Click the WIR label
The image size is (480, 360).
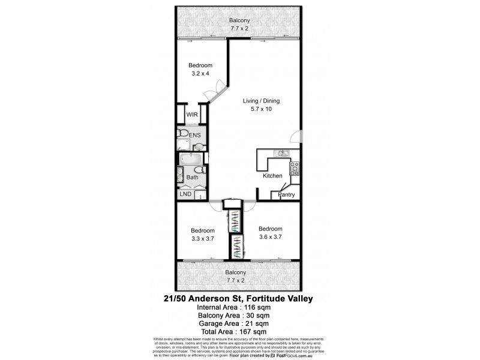tap(192, 114)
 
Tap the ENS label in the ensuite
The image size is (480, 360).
tap(195, 136)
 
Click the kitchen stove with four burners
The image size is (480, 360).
tap(294, 169)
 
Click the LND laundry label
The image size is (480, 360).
tap(185, 194)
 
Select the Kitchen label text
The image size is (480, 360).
tap(272, 176)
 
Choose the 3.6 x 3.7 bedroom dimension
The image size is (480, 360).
tap(270, 237)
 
